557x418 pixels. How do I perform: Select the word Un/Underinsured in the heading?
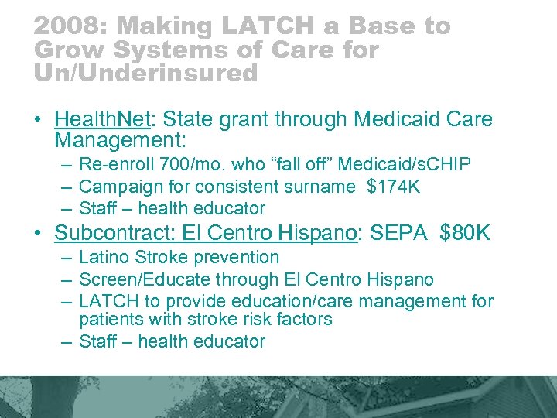[x=145, y=74]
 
